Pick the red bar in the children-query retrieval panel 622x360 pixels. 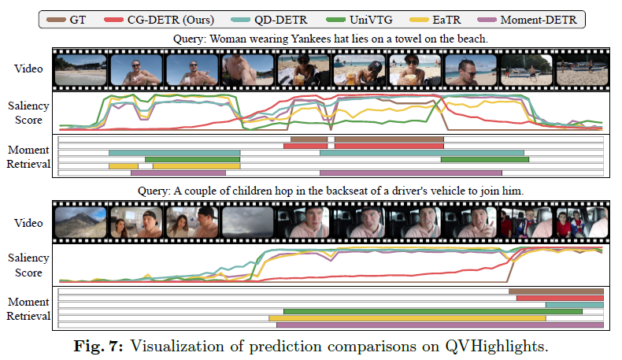click(x=560, y=299)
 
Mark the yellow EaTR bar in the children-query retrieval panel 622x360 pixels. click(x=407, y=317)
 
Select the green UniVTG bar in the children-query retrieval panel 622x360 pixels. click(x=433, y=311)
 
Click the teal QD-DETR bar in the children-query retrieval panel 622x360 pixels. click(x=574, y=305)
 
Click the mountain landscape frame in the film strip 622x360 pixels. click(x=80, y=221)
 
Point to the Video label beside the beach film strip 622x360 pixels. click(x=28, y=67)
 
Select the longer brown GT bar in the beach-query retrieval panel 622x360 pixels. click(x=389, y=139)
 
